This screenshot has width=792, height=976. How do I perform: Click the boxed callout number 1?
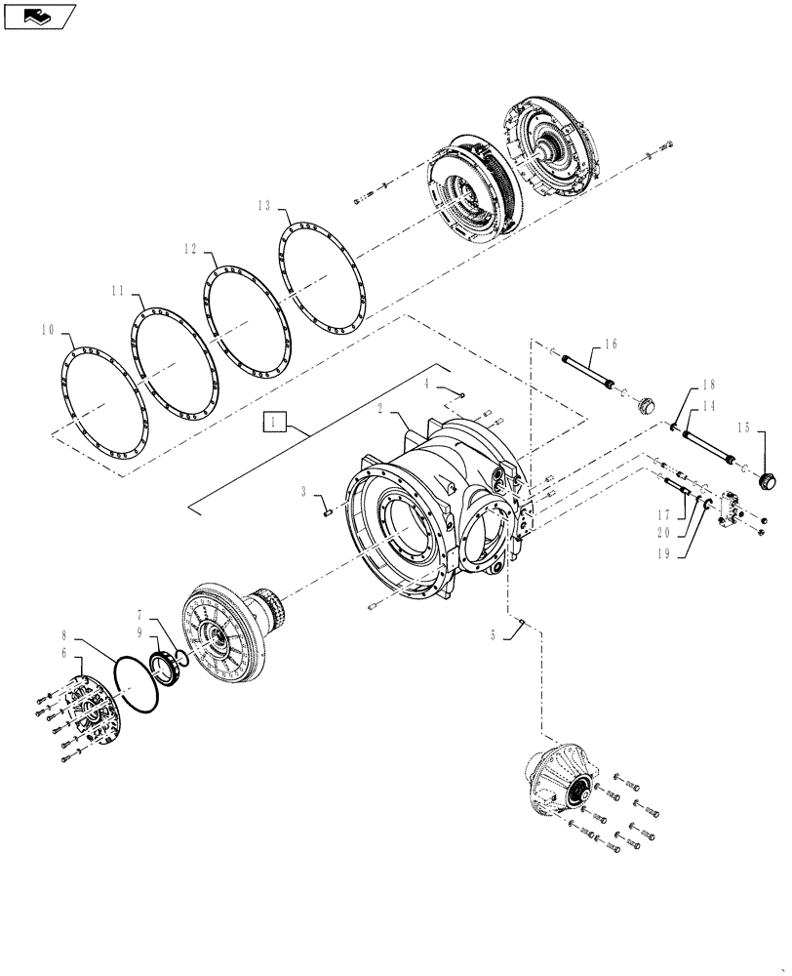click(275, 422)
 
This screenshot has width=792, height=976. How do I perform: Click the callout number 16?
click(611, 344)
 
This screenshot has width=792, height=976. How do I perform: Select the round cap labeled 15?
click(766, 479)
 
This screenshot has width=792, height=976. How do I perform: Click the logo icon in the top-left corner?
click(38, 15)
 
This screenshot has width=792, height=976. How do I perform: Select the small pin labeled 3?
click(328, 505)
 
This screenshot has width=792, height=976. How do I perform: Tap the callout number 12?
click(191, 249)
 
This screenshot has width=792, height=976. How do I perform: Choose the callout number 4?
click(426, 385)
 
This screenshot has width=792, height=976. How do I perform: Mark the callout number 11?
click(117, 291)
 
